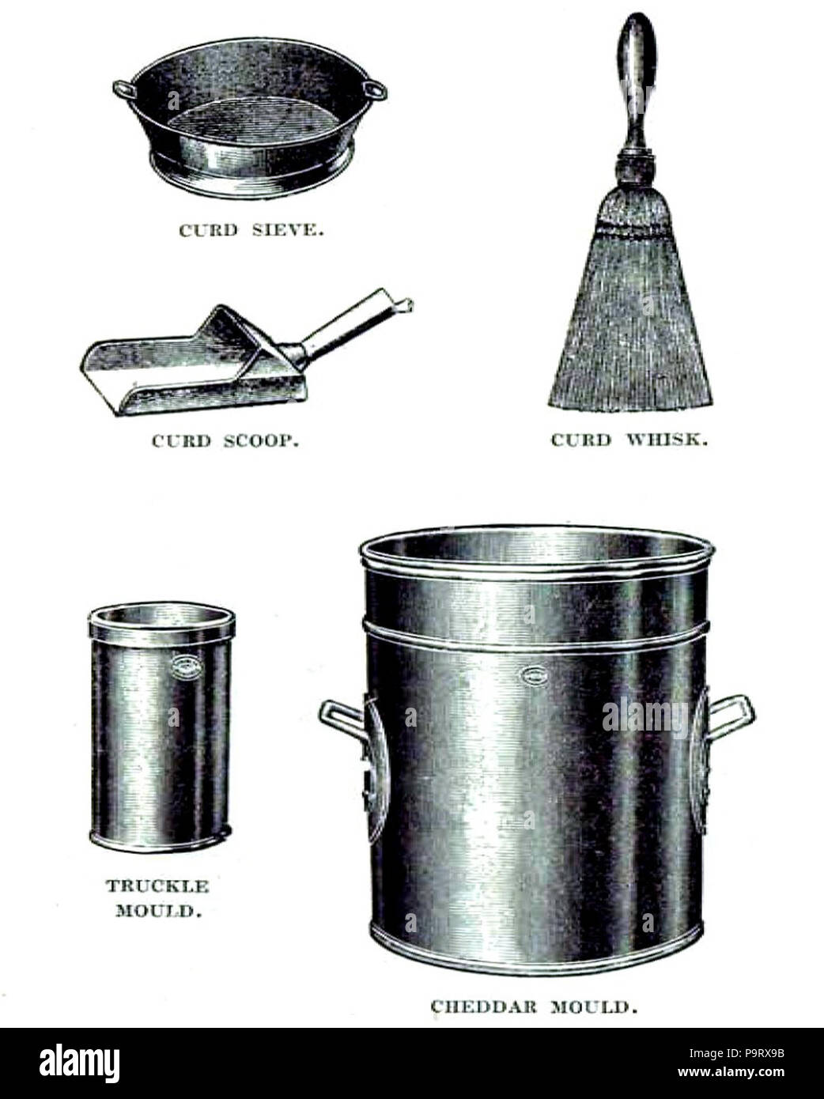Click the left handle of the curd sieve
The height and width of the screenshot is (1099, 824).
(x=123, y=89)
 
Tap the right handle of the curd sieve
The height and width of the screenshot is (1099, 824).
(x=375, y=90)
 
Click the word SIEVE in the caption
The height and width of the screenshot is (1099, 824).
(x=287, y=231)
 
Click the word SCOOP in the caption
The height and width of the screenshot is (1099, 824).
(x=261, y=441)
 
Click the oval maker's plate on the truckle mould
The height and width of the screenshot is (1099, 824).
(x=183, y=667)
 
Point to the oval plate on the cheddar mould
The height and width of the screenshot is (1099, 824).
(x=534, y=676)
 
